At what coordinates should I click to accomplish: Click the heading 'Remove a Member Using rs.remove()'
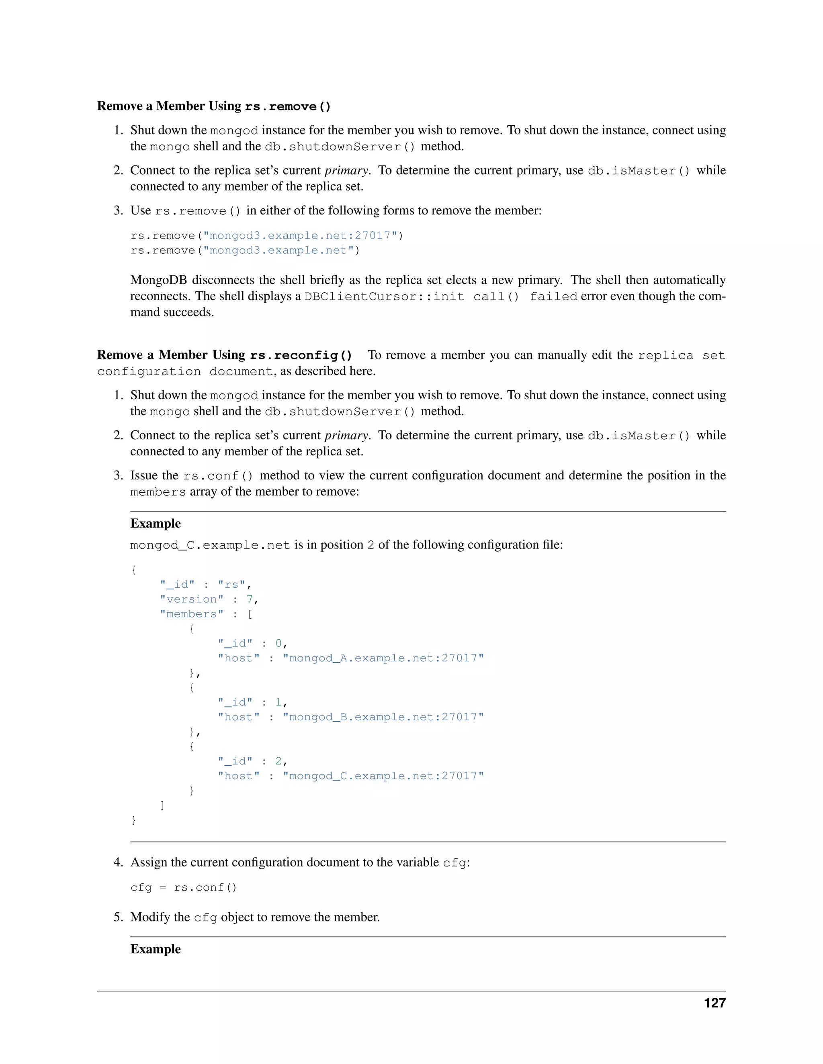[213, 106]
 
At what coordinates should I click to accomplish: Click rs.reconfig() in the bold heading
[301, 355]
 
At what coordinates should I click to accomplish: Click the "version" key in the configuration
[192, 599]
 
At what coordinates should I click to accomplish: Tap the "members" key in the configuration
[192, 614]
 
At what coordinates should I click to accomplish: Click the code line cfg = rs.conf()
[183, 888]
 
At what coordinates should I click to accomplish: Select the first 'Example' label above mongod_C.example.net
[155, 524]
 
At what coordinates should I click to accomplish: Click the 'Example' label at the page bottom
[155, 950]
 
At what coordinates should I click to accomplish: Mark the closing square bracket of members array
[162, 805]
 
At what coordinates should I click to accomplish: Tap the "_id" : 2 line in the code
[252, 761]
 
